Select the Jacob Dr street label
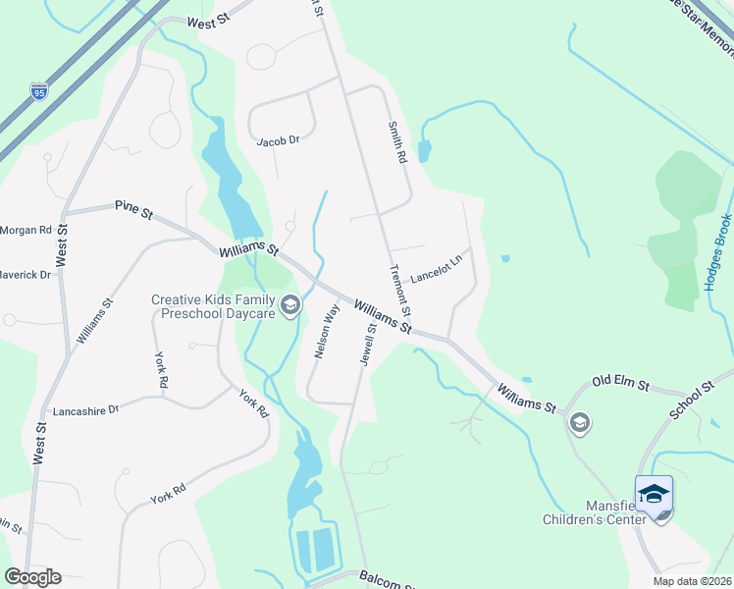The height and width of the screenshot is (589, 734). click(x=277, y=140)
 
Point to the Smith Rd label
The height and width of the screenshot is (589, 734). click(x=396, y=143)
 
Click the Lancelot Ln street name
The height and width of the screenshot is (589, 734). click(x=436, y=270)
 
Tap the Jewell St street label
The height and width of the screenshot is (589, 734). click(x=369, y=345)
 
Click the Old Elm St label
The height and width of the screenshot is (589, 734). click(x=620, y=381)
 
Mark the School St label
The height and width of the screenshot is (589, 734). click(x=694, y=397)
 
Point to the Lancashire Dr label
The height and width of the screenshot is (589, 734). click(x=84, y=409)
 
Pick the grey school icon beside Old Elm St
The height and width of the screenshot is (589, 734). click(x=580, y=423)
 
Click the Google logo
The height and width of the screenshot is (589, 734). click(x=32, y=577)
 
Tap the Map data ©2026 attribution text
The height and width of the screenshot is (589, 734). click(x=692, y=581)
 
